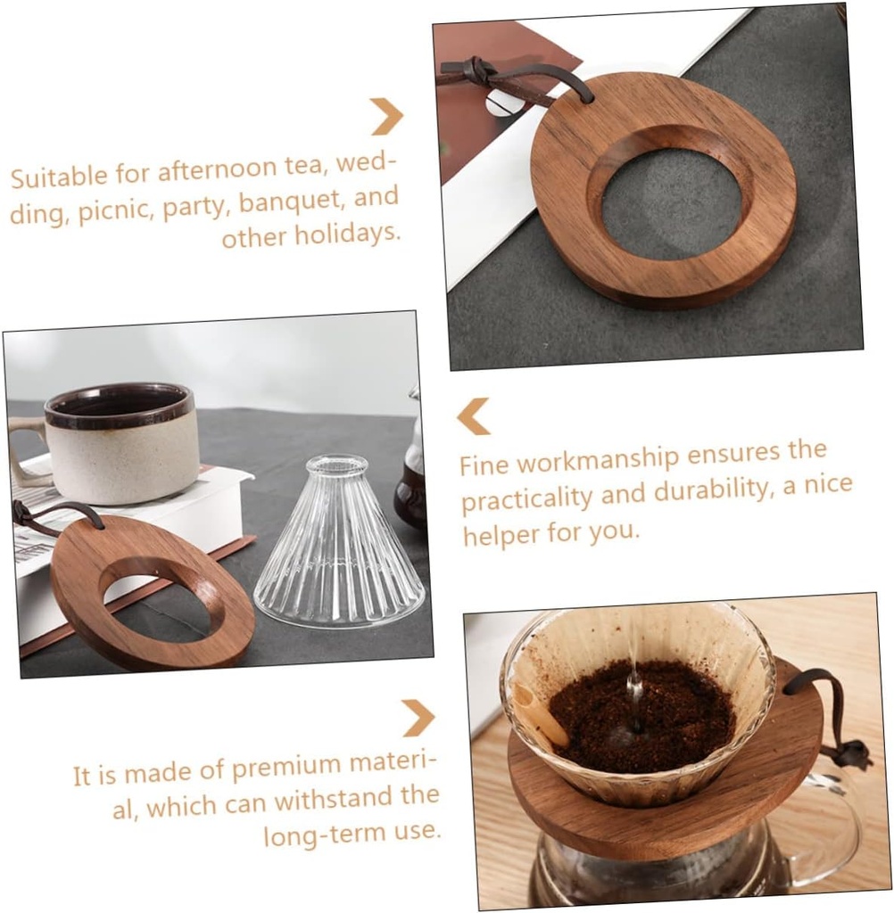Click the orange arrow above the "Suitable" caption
(387, 117)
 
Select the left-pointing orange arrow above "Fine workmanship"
(474, 416)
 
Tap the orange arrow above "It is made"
(418, 718)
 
